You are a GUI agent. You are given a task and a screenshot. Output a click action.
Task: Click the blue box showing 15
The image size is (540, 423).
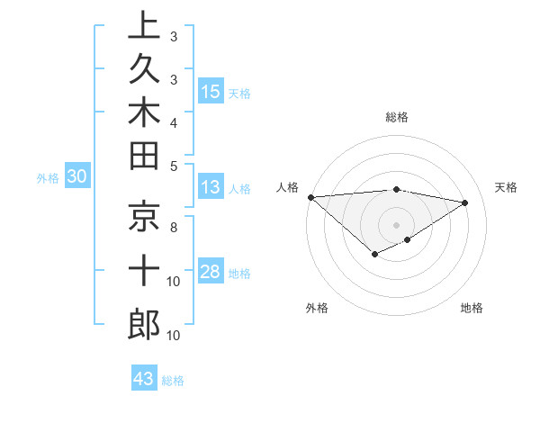tap(211, 92)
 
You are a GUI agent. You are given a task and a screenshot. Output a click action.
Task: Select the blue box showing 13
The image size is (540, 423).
tap(211, 188)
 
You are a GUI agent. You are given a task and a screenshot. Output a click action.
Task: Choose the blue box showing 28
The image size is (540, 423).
tap(211, 273)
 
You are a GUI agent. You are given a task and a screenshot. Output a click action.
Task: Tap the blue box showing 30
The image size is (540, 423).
tap(76, 177)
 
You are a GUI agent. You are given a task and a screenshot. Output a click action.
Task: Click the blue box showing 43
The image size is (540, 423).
tap(144, 379)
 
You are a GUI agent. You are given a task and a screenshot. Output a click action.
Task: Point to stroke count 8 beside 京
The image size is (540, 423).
tap(174, 229)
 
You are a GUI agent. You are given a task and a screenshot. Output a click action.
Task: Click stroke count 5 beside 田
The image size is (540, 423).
tap(174, 166)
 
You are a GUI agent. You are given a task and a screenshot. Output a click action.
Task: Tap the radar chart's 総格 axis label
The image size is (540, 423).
tap(397, 117)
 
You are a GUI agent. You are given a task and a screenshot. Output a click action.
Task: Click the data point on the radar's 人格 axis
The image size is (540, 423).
tap(310, 197)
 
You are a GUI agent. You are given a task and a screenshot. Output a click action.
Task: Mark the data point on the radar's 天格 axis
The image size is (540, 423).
tap(464, 202)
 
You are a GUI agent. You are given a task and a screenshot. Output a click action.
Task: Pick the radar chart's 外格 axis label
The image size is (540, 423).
tap(317, 309)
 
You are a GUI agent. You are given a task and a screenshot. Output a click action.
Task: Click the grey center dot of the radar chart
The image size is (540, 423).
tap(397, 224)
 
